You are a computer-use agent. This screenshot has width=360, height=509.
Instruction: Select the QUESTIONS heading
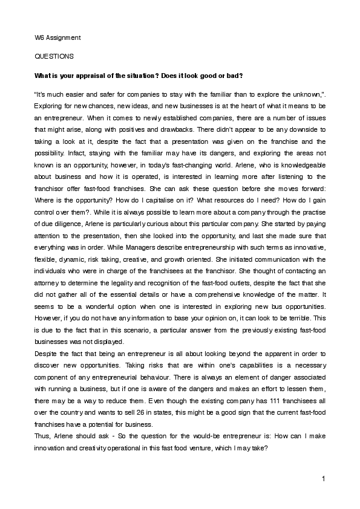click(54, 57)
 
